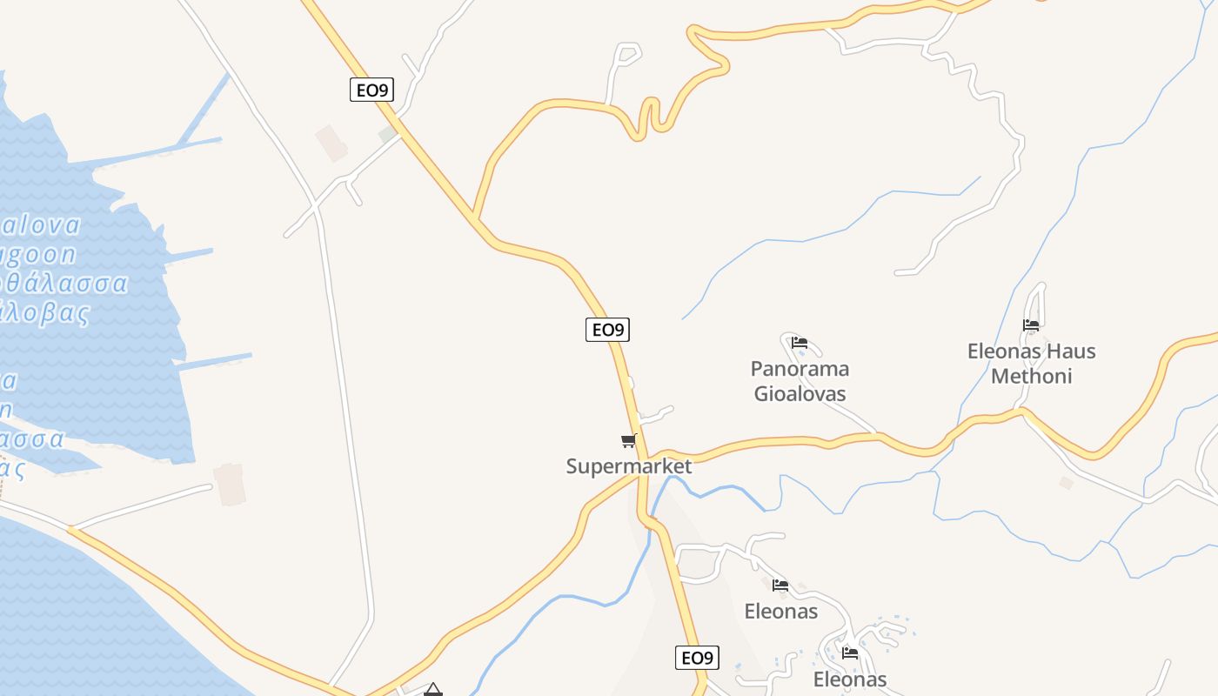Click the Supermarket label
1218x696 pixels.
(x=629, y=466)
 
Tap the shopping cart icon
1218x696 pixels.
(x=629, y=440)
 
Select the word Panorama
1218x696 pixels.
(x=800, y=369)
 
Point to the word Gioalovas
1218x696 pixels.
(x=800, y=394)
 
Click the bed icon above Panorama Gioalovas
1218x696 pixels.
(x=800, y=343)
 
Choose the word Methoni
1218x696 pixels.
(x=1031, y=377)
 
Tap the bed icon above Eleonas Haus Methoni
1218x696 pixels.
(x=1031, y=325)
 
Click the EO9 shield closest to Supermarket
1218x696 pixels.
(x=607, y=330)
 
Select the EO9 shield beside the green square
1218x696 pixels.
(x=371, y=90)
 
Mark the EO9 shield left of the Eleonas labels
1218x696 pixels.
(x=697, y=658)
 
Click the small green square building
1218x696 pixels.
(x=387, y=135)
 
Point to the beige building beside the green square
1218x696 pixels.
(x=331, y=143)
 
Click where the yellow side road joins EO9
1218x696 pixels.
(x=475, y=217)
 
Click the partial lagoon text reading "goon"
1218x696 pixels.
(x=38, y=255)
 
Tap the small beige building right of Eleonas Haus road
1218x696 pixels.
(x=1066, y=482)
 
